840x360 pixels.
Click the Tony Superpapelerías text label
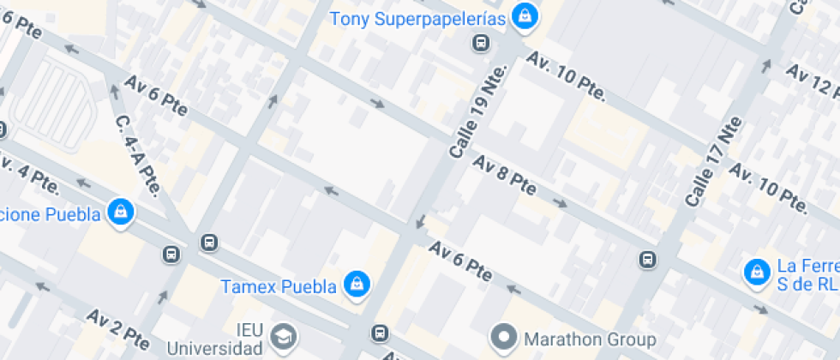[419, 17]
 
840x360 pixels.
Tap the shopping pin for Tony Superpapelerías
[524, 15]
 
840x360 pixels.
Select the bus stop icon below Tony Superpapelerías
[481, 42]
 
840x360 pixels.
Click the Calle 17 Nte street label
[712, 163]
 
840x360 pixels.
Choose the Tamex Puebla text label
[278, 286]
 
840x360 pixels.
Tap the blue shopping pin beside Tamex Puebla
[356, 283]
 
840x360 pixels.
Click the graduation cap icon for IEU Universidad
[281, 335]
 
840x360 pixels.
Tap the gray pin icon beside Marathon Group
[505, 335]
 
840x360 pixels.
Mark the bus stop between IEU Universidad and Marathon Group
[380, 333]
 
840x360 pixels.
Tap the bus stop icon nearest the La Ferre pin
[648, 259]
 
